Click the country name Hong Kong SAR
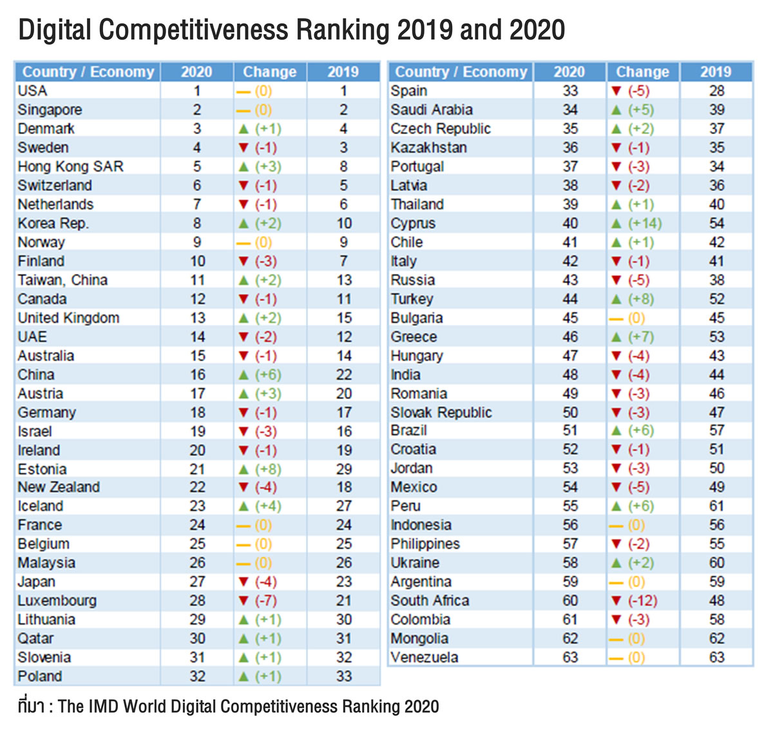click(x=70, y=167)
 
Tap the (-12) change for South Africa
click(x=643, y=601)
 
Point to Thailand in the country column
click(x=417, y=205)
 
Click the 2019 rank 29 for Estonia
click(x=344, y=469)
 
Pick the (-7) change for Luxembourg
click(x=266, y=601)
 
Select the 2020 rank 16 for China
click(x=197, y=375)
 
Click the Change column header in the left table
click(x=269, y=72)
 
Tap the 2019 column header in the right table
click(x=716, y=72)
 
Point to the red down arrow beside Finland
click(x=243, y=262)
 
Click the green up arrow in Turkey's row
click(x=616, y=299)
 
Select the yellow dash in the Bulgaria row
click(x=616, y=318)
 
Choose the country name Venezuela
click(x=424, y=658)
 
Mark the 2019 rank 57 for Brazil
click(x=716, y=431)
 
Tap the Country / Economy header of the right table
click(x=461, y=72)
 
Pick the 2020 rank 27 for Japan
click(x=197, y=582)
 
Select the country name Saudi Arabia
click(x=431, y=110)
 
